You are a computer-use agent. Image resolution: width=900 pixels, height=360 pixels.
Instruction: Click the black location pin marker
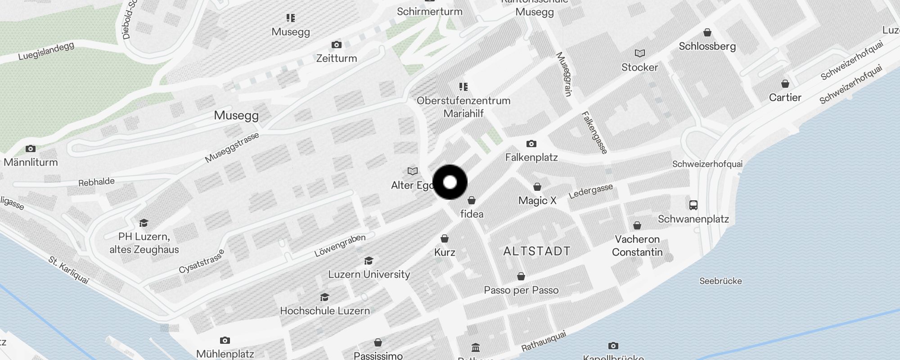click(450, 182)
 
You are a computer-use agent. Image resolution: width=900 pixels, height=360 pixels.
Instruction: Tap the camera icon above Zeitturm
click(336, 45)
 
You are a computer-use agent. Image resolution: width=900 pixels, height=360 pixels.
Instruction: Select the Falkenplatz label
click(531, 157)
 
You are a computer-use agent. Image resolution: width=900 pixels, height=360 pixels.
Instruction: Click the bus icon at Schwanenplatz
click(693, 205)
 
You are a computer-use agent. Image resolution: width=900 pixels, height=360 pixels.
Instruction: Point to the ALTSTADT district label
click(537, 251)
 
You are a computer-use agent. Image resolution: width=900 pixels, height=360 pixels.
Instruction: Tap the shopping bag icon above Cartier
click(785, 84)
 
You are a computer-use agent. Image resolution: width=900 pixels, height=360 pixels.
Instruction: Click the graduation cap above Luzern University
click(369, 261)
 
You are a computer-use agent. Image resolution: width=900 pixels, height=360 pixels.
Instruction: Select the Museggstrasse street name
click(232, 148)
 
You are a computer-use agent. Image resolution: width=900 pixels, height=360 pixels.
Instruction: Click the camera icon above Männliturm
click(31, 148)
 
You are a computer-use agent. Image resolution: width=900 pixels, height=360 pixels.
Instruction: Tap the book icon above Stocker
click(639, 54)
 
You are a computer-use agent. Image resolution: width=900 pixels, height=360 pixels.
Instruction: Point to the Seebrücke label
click(720, 281)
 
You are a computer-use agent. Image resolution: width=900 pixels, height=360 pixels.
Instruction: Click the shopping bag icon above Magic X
click(537, 187)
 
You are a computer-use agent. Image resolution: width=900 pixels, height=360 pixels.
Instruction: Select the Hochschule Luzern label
click(325, 310)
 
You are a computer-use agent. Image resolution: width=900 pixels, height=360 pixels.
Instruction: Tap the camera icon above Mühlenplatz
click(225, 340)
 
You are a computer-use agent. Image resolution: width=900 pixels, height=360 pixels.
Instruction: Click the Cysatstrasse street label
click(201, 262)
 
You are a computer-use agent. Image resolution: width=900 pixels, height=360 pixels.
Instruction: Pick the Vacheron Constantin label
click(637, 246)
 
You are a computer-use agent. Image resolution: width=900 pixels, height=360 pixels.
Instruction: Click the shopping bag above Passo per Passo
click(521, 276)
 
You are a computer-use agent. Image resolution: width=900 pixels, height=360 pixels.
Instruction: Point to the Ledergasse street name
click(591, 191)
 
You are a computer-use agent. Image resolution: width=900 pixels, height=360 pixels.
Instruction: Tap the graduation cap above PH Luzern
click(144, 223)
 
